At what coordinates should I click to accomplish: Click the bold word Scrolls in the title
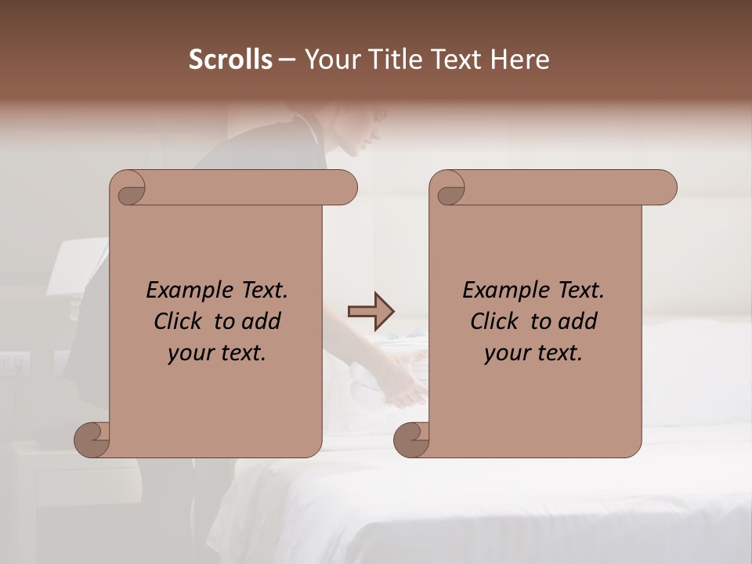click(x=230, y=60)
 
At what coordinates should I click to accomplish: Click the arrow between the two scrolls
click(x=371, y=311)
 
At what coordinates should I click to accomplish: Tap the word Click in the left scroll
click(x=179, y=321)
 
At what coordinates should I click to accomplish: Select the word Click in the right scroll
click(x=495, y=321)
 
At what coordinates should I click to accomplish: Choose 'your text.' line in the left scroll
click(x=217, y=352)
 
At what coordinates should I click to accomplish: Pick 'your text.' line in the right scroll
click(x=533, y=352)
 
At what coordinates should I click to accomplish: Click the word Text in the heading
click(x=459, y=60)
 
